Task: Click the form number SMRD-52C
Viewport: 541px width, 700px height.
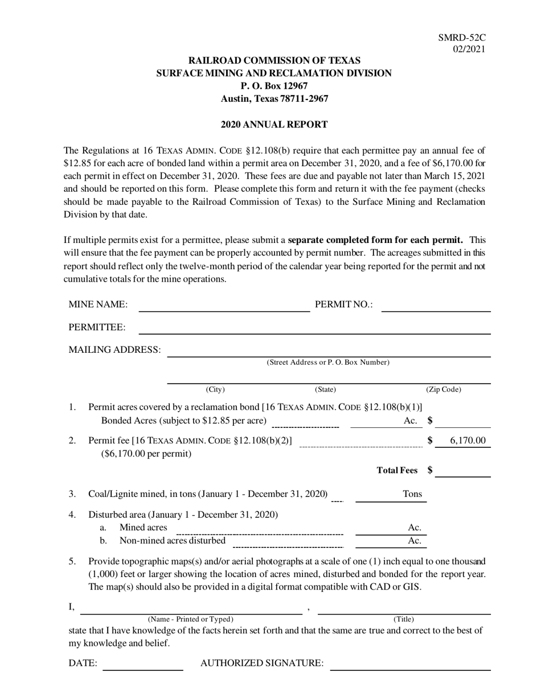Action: point(462,38)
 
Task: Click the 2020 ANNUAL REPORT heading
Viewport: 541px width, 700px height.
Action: point(274,124)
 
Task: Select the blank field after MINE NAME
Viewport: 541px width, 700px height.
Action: point(224,306)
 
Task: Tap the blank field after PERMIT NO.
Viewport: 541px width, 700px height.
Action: point(436,306)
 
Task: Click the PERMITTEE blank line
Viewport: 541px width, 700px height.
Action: point(314,328)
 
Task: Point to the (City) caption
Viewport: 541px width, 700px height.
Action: point(215,390)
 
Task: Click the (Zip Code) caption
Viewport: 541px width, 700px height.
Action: point(444,390)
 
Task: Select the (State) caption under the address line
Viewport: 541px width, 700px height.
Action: point(326,390)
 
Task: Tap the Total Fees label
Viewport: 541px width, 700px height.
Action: point(397,470)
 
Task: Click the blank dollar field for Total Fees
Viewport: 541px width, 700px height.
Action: point(465,471)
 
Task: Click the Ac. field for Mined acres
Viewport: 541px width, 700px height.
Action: point(391,529)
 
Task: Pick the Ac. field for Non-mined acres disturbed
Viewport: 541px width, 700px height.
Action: point(391,541)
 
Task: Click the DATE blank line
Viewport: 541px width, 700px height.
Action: point(142,665)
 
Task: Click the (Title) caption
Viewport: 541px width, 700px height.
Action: point(404,619)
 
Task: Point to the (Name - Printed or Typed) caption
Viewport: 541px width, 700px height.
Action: point(190,619)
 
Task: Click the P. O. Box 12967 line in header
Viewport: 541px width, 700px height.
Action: point(274,85)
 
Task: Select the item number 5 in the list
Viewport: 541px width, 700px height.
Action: point(72,562)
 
